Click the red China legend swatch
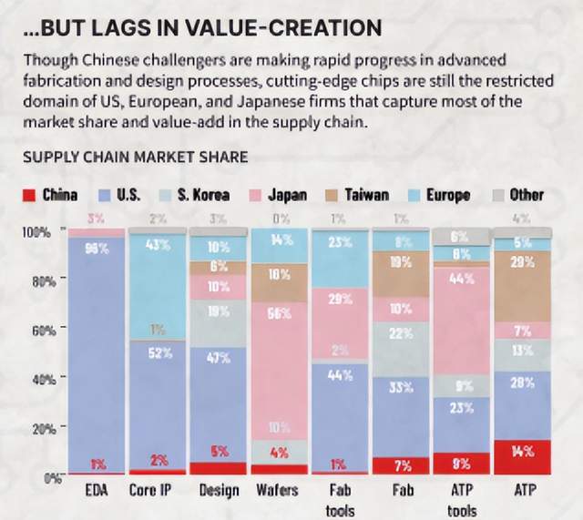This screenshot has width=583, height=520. click(27, 195)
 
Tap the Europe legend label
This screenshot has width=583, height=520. click(447, 195)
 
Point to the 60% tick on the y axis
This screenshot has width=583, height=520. click(32, 331)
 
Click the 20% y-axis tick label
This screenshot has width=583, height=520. click(32, 428)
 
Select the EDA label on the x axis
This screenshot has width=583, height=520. click(96, 491)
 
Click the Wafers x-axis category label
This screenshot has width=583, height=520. click(279, 491)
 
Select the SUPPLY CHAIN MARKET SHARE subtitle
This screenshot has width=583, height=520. click(135, 158)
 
